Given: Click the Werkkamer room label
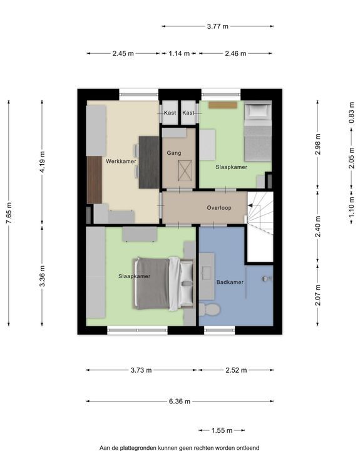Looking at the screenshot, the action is coord(121,161).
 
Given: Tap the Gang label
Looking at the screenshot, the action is coord(174,153).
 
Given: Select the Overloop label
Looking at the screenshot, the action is coord(219,208).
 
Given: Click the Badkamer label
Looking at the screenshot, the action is coord(230,282).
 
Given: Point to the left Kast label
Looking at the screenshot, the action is coord(170,113).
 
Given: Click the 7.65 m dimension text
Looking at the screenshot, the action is coord(9,213).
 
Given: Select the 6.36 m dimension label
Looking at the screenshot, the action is coord(180,402).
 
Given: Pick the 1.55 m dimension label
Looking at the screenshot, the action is coord(222,430).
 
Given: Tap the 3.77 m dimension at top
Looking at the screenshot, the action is coord(218,26).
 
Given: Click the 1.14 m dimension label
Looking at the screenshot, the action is coord(179,53).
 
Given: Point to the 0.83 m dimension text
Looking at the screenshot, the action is coord(351,113).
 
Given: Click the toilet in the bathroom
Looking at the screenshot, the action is coord(210,309).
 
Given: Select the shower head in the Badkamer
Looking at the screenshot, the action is coord(265,278).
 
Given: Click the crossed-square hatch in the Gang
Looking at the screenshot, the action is coord(185,171).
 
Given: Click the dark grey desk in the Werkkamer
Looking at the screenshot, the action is coord(149,162).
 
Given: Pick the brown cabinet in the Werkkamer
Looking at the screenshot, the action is coord(95,180).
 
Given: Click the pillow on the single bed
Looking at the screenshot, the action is coord(258,111).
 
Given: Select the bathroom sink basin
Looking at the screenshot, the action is coord(207,272).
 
